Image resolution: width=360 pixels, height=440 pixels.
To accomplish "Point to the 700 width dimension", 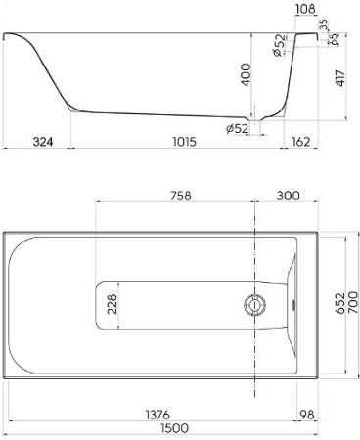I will (351, 305).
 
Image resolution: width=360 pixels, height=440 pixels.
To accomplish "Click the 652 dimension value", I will (336, 305).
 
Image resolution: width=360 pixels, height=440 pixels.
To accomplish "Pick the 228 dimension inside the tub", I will (111, 305).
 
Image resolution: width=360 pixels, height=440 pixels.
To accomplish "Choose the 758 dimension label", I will (177, 196).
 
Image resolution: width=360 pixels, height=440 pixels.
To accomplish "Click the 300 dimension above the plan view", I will (288, 196).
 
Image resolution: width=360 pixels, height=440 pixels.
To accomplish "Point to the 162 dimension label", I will (301, 142).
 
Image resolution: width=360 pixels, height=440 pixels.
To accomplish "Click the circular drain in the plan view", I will (255, 304).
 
